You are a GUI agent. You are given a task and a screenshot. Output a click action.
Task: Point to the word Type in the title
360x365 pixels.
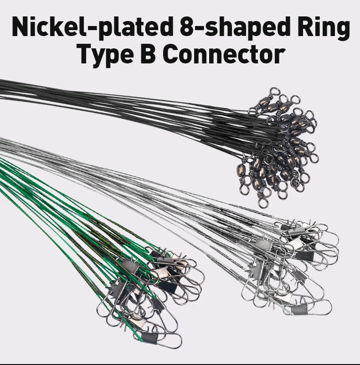click(105, 55)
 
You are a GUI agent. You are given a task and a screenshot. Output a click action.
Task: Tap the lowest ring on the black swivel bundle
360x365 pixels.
click(263, 203)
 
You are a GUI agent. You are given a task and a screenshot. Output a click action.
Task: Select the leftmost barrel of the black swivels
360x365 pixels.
click(242, 168)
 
